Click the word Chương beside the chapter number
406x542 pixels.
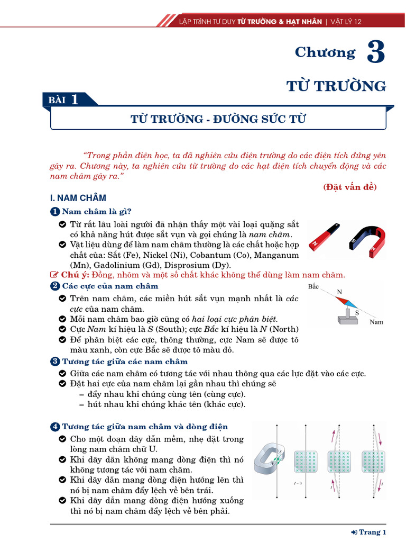[325, 52]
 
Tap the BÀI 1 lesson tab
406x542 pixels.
[64, 100]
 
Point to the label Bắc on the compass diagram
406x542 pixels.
[313, 286]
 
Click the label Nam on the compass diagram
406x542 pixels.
[376, 321]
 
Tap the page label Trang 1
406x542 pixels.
[373, 532]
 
